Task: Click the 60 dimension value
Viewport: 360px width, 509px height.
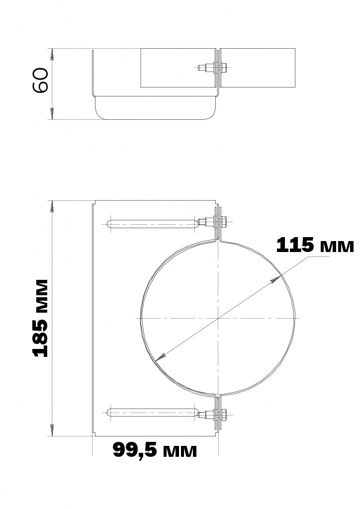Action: click(x=41, y=80)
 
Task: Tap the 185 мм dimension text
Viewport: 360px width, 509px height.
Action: click(x=41, y=319)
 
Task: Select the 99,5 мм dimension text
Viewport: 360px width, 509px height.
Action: click(x=155, y=450)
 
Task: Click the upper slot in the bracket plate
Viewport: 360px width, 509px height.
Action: click(x=152, y=223)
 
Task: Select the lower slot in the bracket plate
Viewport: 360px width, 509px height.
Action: click(x=152, y=413)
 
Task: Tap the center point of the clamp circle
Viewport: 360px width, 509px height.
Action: click(x=218, y=318)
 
